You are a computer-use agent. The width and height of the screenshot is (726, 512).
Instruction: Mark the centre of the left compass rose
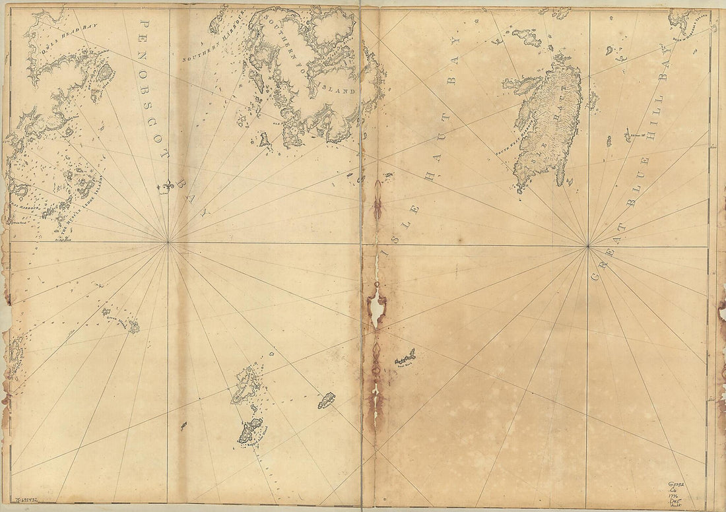pyautogui.click(x=168, y=242)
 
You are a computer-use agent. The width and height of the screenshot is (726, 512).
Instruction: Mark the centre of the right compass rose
pyautogui.click(x=587, y=247)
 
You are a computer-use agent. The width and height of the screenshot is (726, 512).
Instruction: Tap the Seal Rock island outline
pyautogui.click(x=405, y=358)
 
